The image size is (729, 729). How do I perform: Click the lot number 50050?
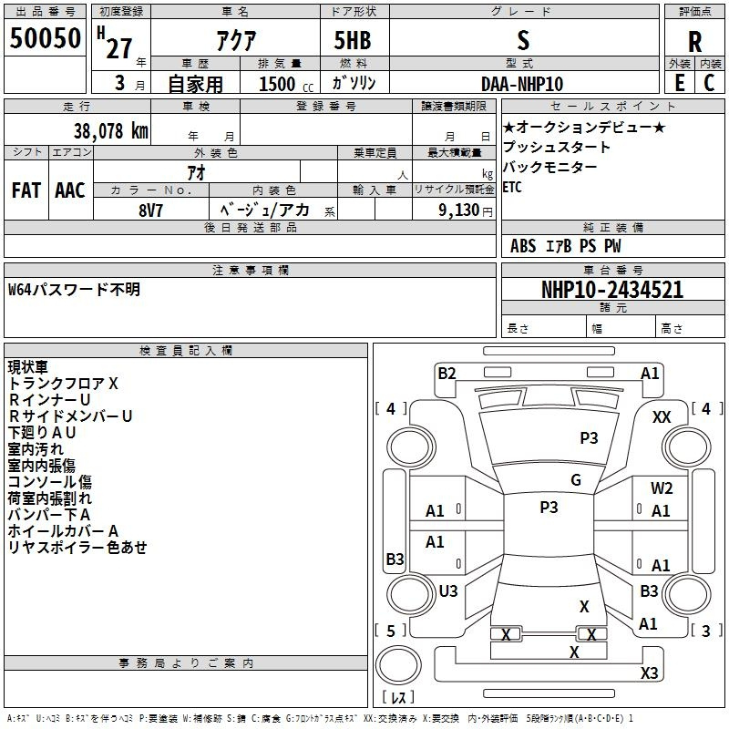(45, 38)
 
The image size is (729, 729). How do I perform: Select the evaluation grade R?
(694, 42)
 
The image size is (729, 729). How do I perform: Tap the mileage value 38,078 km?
(111, 131)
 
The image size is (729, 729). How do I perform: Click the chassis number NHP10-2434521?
(612, 290)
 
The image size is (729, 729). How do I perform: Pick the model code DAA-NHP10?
(522, 84)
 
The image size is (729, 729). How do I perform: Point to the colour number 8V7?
(150, 210)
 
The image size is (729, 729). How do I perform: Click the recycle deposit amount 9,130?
(459, 210)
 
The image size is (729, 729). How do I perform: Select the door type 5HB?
(353, 40)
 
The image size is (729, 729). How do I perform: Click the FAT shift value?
(26, 190)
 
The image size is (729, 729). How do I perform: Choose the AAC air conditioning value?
(70, 190)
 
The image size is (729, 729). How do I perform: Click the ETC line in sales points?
(512, 188)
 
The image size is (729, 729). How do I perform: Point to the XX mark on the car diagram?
(662, 417)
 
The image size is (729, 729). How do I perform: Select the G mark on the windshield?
(576, 480)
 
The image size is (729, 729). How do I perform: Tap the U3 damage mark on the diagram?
(448, 591)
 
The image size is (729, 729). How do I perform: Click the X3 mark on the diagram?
(649, 673)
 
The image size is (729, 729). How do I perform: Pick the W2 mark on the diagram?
(662, 488)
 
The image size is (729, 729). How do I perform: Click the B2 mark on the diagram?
(447, 374)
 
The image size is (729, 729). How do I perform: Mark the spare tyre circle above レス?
(398, 665)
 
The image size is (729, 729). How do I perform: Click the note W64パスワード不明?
(74, 290)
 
